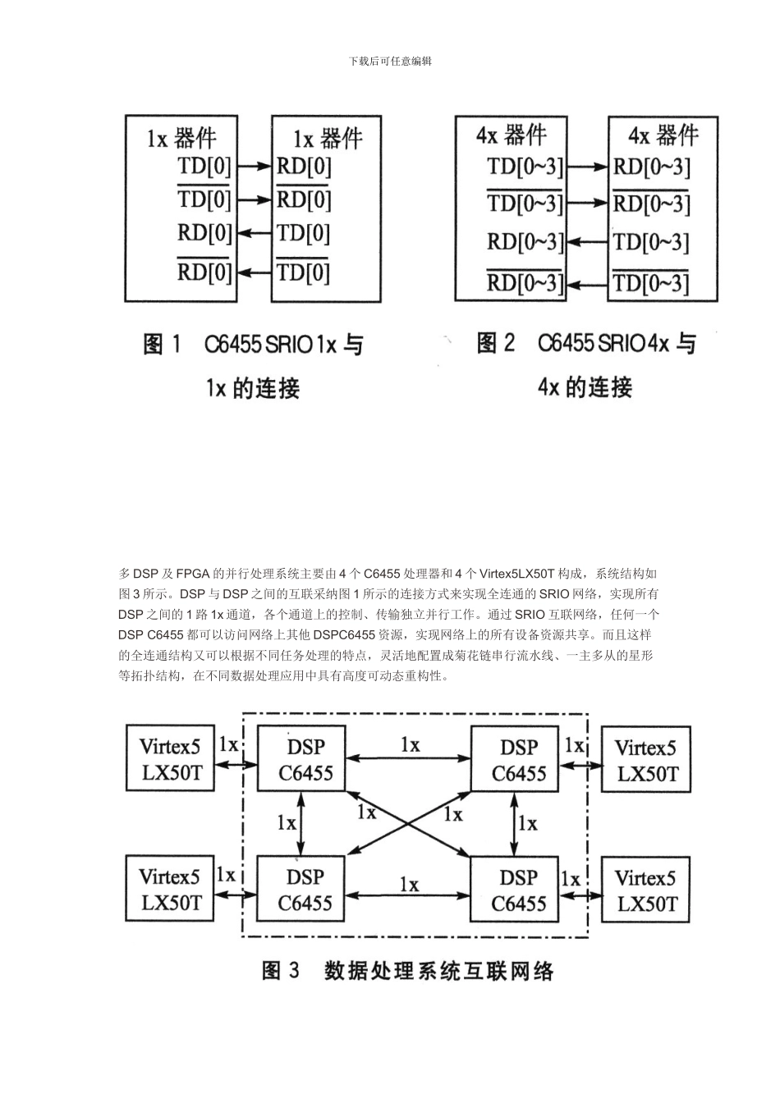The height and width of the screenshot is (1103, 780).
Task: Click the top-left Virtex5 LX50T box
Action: (170, 760)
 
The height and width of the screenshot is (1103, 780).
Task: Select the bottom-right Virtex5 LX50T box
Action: (646, 891)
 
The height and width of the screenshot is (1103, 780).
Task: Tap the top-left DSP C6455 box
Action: (305, 760)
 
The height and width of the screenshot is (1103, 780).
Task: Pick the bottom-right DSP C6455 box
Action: (518, 890)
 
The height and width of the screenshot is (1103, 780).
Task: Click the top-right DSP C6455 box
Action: (518, 760)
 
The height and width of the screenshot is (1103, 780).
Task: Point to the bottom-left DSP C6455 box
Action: (305, 890)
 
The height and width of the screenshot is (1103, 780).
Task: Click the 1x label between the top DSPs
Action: (410, 744)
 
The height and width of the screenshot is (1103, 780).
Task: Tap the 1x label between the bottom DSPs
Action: (409, 884)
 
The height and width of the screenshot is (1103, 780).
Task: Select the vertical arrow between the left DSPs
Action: (301, 826)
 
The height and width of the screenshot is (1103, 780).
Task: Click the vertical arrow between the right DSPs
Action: (514, 826)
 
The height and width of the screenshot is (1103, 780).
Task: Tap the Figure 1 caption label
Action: (163, 345)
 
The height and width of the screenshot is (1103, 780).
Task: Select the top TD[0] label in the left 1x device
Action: (204, 167)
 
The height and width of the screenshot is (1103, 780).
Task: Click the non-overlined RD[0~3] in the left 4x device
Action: (525, 241)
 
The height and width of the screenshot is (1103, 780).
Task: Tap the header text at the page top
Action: (390, 61)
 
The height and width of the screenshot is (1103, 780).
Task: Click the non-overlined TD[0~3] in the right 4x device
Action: (651, 241)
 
